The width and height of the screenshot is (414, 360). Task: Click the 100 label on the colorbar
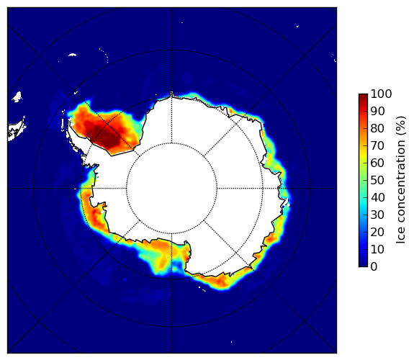tap(381, 94)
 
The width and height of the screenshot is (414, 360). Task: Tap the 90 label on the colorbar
tap(377, 111)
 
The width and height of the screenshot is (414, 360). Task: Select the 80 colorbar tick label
tap(377, 129)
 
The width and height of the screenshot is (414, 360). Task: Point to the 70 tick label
tap(377, 145)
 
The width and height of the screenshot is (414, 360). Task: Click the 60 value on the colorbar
tap(377, 163)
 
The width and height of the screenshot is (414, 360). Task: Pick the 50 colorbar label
tap(377, 181)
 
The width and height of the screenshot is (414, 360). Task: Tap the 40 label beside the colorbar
tap(377, 197)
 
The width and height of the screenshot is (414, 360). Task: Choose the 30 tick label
tap(377, 215)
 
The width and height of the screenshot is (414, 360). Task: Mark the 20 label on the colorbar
tap(377, 232)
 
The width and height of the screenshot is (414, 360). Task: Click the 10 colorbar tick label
tap(377, 249)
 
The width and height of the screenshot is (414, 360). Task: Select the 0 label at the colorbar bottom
tap(374, 267)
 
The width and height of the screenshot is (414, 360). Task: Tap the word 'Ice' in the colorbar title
tap(400, 236)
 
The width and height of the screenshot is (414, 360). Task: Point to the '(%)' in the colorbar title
tap(400, 126)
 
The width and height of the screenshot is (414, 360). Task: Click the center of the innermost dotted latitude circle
tap(171, 189)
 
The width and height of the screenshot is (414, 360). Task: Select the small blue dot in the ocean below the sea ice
tap(125, 279)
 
